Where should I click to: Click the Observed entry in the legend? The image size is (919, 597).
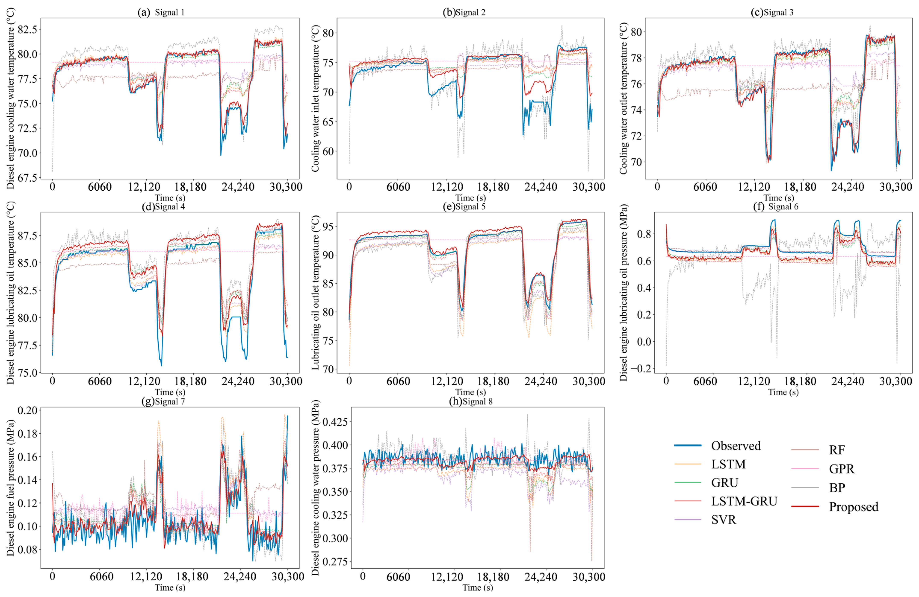click(736, 446)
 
